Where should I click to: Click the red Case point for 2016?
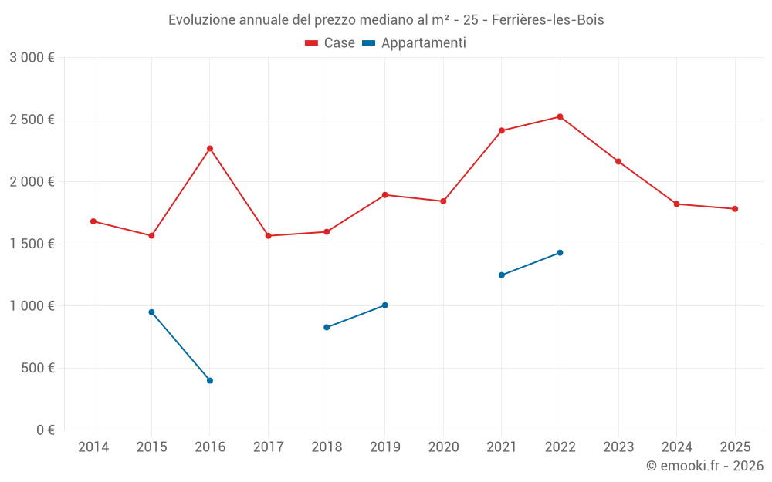click(x=210, y=148)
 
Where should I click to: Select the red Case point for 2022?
click(x=560, y=117)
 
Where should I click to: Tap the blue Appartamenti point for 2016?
click(x=210, y=380)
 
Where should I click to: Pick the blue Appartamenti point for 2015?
click(x=151, y=312)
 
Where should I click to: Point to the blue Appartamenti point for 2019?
click(x=385, y=305)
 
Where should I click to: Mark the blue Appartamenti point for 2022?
click(x=560, y=253)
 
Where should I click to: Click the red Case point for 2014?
click(x=93, y=221)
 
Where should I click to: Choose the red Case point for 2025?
click(x=735, y=209)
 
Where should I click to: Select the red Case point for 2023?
click(x=618, y=161)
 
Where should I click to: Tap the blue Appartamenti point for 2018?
click(x=327, y=328)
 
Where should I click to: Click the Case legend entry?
click(x=330, y=43)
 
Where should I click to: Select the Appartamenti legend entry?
click(x=415, y=43)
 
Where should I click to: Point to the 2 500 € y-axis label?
click(x=32, y=120)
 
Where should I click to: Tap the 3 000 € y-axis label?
click(x=32, y=58)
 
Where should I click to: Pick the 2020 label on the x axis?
click(x=443, y=447)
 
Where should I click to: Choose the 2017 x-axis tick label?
click(x=268, y=447)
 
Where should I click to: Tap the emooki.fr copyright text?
click(x=705, y=466)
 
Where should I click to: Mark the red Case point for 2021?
click(x=502, y=131)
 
